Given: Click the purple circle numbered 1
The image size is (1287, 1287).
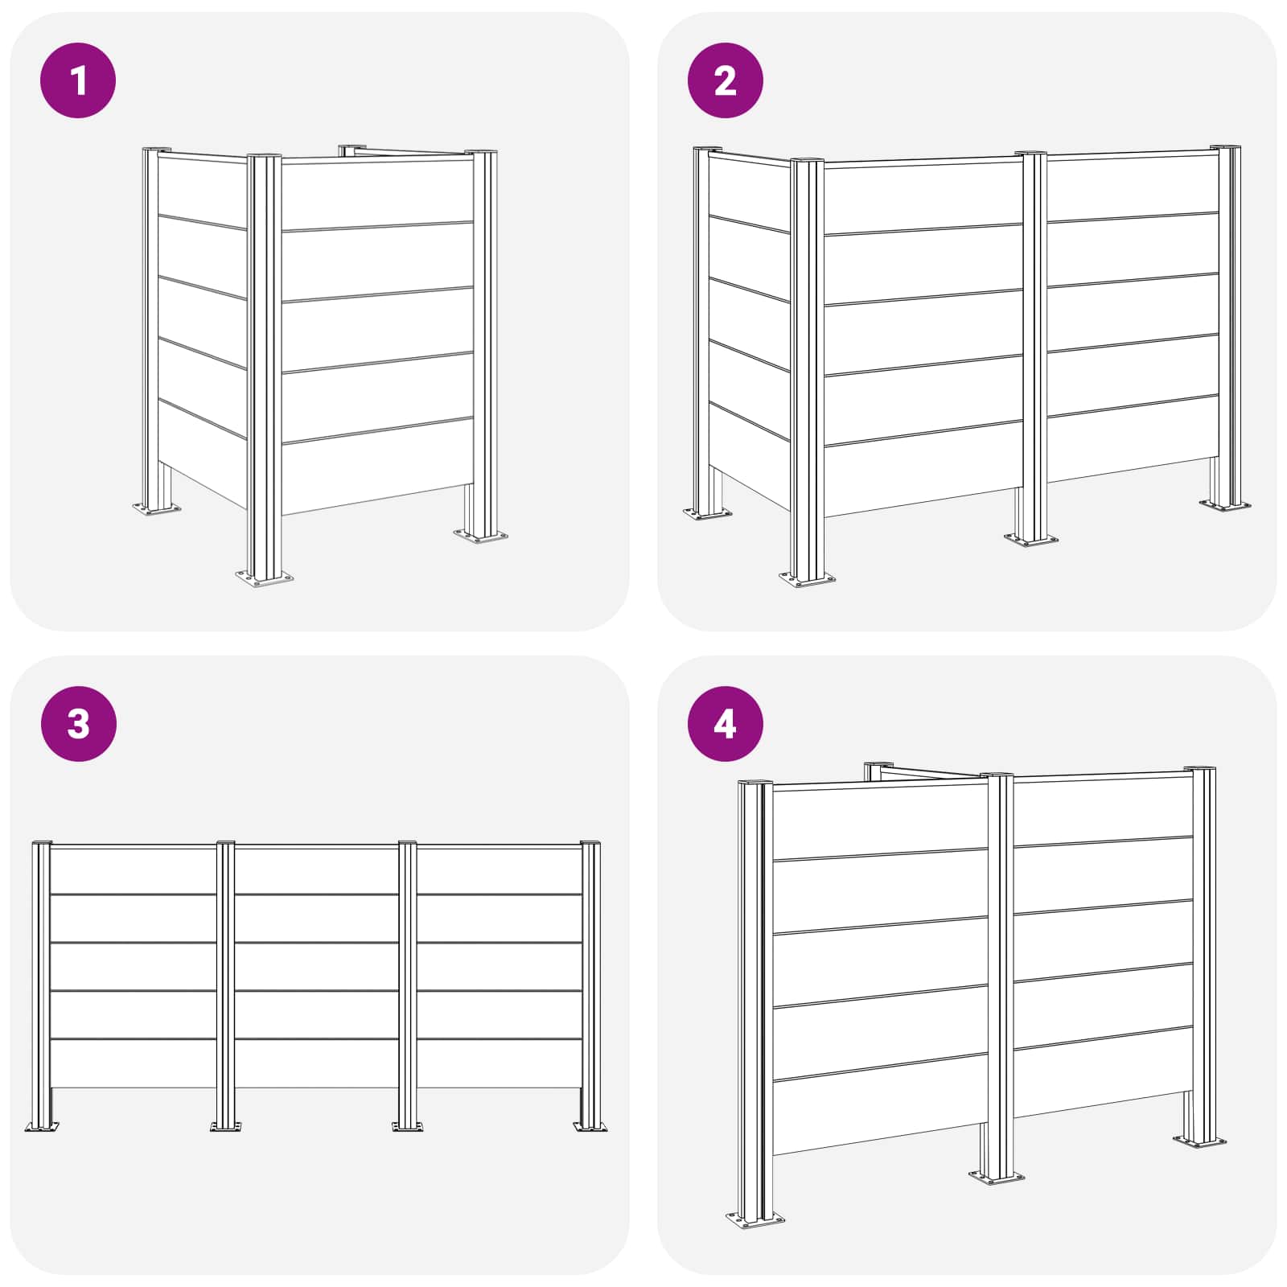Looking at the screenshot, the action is [78, 80].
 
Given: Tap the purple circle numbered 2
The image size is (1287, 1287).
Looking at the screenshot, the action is [726, 80].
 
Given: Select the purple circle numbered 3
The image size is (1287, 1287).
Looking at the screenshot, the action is [78, 724].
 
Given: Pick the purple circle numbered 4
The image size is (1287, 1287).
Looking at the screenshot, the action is [726, 724].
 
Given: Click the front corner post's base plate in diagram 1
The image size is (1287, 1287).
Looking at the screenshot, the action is [265, 578].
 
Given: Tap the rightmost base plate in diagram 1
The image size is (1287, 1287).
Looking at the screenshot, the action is [481, 536].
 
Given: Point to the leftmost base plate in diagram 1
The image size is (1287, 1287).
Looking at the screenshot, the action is [157, 508].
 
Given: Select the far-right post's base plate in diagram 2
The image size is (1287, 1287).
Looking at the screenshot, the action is [1226, 505].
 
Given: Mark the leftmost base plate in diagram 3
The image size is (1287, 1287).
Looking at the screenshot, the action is [43, 1127].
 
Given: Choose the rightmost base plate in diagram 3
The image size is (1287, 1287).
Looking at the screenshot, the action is [590, 1127].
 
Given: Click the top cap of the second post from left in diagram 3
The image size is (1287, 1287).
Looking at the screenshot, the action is [225, 843].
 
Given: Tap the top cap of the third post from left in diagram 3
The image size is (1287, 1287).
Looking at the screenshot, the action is [408, 843].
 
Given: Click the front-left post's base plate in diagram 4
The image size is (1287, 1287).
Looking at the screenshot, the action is [755, 1219].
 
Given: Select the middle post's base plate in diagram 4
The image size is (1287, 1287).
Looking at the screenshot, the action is [997, 1177].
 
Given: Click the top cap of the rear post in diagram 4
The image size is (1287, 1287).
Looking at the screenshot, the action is [878, 764].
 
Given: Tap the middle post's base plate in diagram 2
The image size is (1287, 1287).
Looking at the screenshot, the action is [1031, 539].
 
